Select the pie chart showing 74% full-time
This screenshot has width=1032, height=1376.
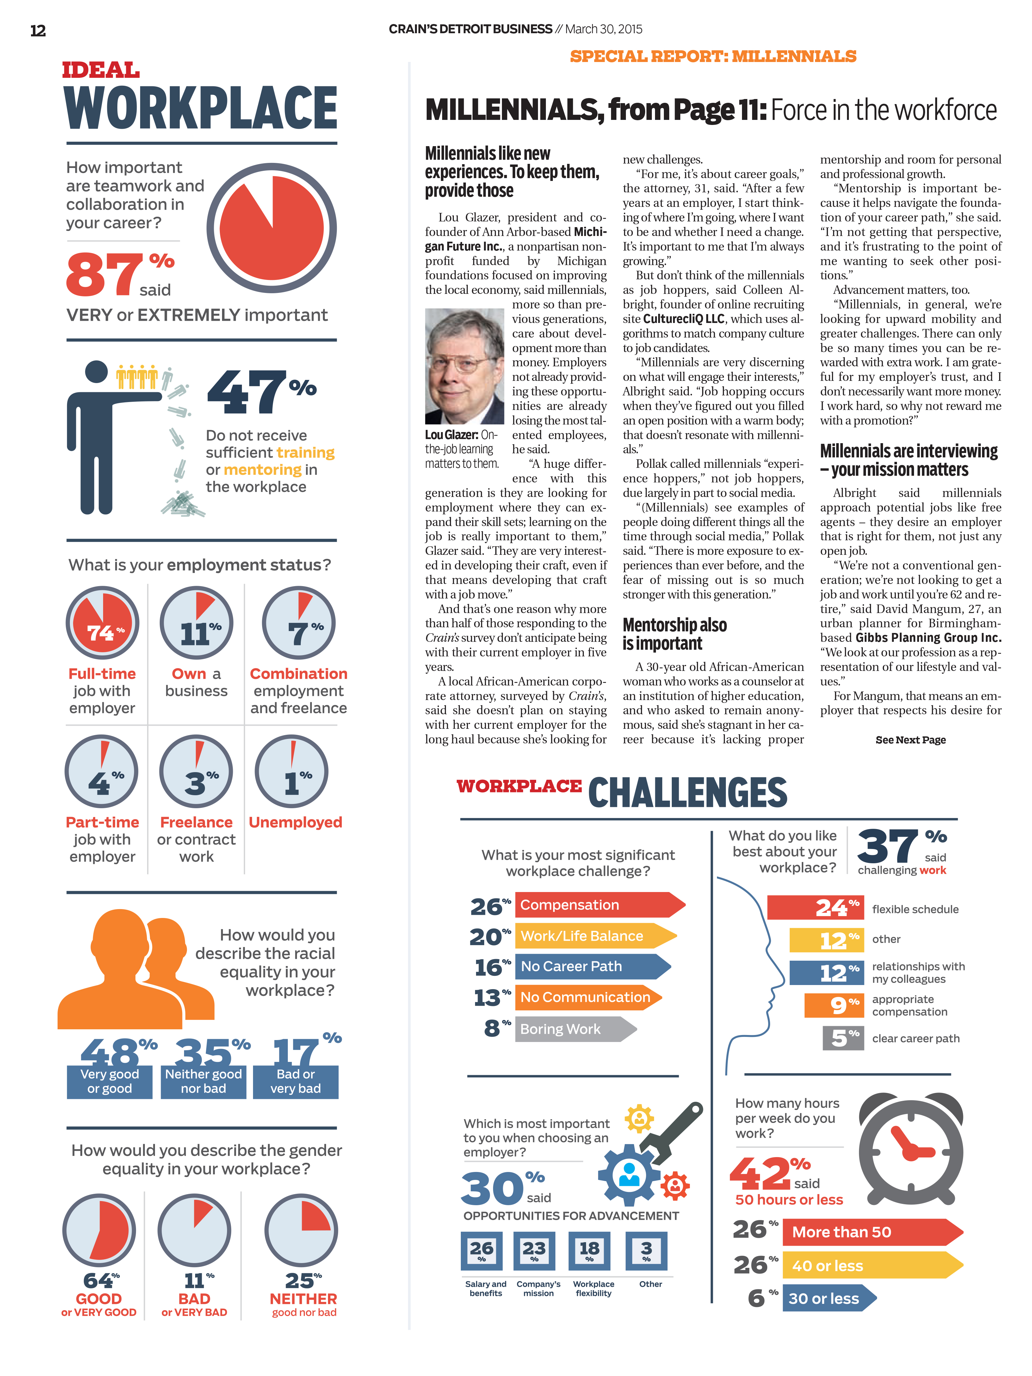click(103, 623)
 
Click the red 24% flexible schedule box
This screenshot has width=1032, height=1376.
click(815, 908)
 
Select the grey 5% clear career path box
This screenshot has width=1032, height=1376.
click(843, 1038)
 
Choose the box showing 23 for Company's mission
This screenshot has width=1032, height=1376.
click(534, 1250)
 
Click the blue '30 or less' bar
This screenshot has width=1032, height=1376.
click(827, 1298)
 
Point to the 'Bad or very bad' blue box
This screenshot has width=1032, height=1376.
click(295, 1082)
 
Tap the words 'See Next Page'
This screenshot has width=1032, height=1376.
click(910, 740)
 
